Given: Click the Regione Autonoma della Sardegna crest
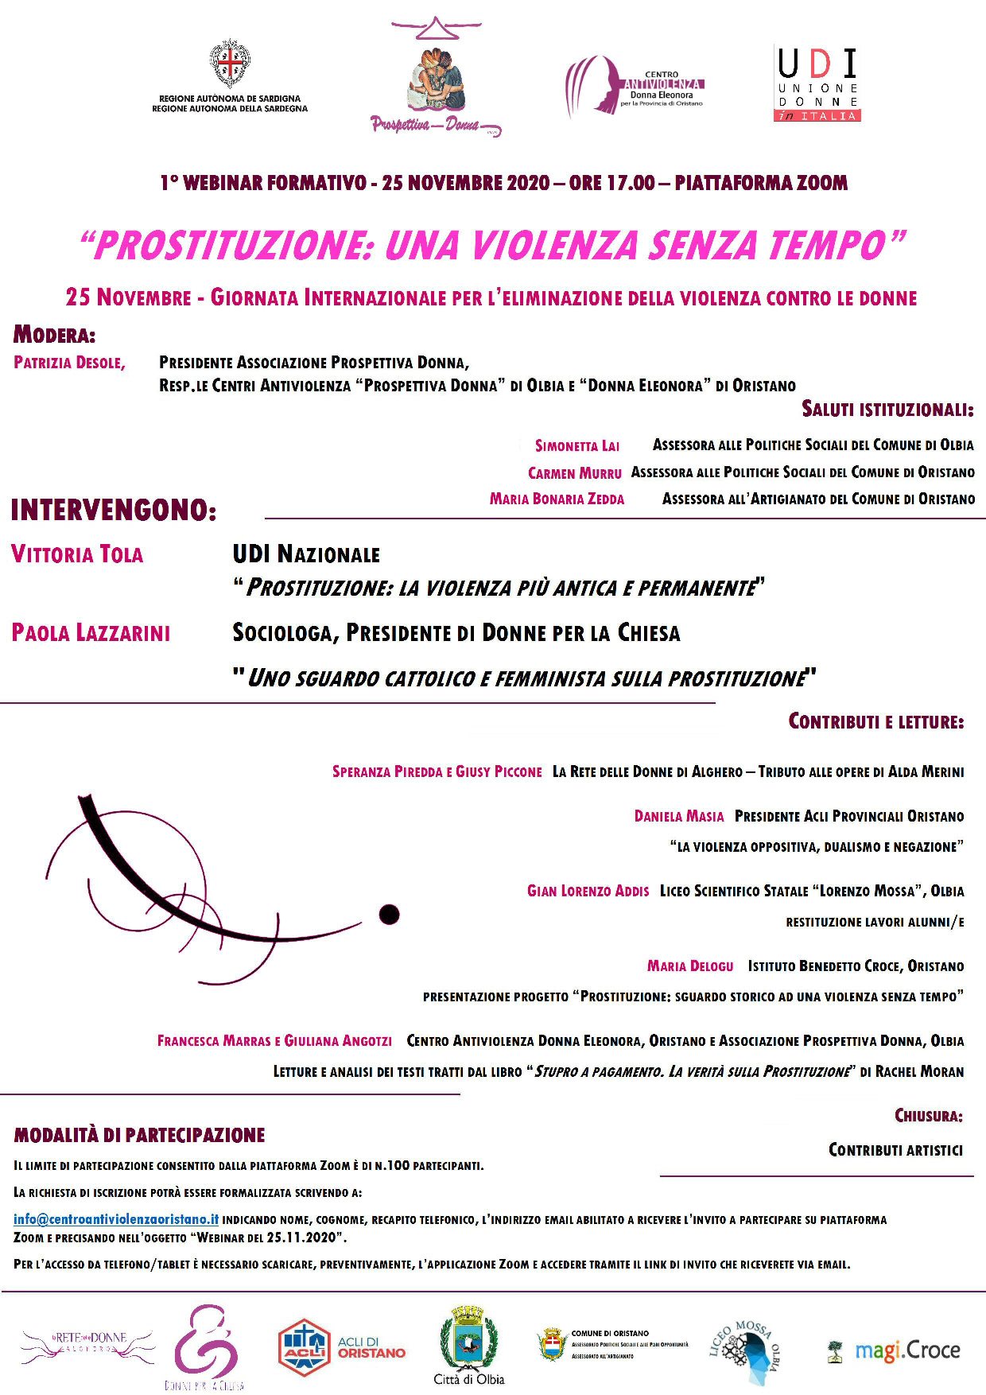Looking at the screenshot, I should coord(230,64).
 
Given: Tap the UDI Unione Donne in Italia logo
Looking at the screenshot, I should coord(817,84).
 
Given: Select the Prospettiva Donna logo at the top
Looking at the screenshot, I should coord(436,80).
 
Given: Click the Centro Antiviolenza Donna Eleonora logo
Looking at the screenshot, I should coord(635,85).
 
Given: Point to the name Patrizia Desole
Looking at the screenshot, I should coord(69,363).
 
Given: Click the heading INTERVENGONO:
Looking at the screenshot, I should coord(114,511).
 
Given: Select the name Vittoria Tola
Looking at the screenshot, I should coord(77,554).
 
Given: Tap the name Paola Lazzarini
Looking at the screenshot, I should coord(91,633).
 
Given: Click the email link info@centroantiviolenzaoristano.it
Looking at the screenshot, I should coord(116,1219).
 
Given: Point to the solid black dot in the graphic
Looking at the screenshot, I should coord(389,914).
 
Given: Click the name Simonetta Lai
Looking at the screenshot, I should coord(576,446).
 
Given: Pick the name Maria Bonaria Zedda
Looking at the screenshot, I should coord(557,499).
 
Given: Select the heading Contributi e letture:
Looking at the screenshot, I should coord(875,722).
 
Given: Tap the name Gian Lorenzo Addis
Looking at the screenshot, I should coord(588,892).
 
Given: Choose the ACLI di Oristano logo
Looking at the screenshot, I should coord(342,1346).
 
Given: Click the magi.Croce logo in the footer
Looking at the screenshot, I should coord(894,1350).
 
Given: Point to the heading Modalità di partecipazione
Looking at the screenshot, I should coord(139,1136).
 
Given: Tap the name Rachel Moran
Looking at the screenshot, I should coord(919,1072).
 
